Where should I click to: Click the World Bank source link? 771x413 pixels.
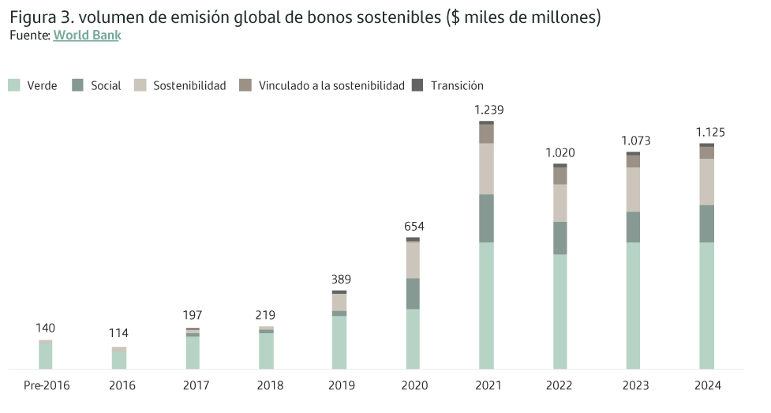point(87,36)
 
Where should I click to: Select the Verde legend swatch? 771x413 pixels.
point(14,85)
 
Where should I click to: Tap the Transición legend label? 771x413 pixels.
point(457,85)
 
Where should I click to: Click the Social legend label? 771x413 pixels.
point(106,85)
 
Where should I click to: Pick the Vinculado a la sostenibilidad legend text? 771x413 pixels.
point(331,85)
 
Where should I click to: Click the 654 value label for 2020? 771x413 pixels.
point(414,227)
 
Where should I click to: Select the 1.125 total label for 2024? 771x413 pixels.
point(709,132)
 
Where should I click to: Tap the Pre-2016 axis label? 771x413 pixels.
point(45,386)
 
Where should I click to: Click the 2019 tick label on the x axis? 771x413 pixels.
point(340,386)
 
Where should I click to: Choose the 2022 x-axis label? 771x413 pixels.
point(560,386)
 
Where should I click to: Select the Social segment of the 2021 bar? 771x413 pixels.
point(487,218)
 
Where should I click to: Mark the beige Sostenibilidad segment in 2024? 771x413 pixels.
point(707,182)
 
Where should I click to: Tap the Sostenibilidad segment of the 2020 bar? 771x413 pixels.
point(414,260)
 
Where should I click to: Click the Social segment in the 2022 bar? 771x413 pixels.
point(560,238)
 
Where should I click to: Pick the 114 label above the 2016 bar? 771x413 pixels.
point(118,333)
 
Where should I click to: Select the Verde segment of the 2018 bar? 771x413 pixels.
point(267,351)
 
